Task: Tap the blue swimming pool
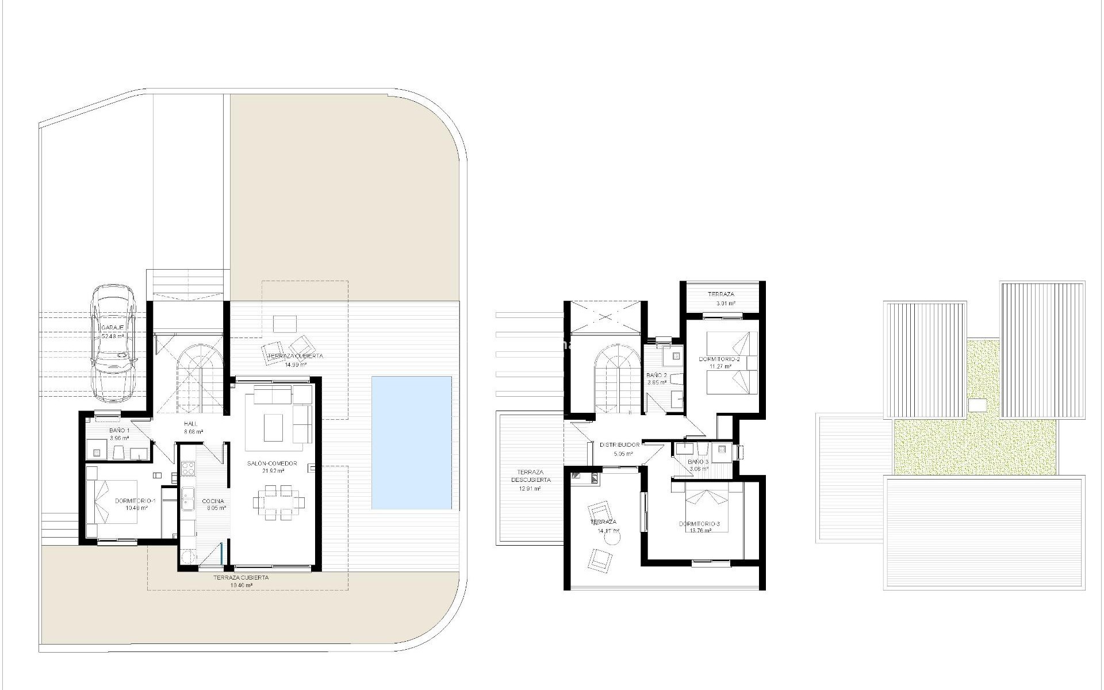point(411,443)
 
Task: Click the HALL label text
point(190,424)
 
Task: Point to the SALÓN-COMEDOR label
point(272,463)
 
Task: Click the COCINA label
point(213,501)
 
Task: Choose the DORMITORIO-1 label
point(131,501)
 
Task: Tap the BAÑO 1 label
point(119,431)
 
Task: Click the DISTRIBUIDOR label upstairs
point(619,445)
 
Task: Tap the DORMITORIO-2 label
point(719,359)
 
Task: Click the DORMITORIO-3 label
point(699,524)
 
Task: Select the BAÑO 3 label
point(698,462)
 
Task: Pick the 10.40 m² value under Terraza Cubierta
point(241,585)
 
